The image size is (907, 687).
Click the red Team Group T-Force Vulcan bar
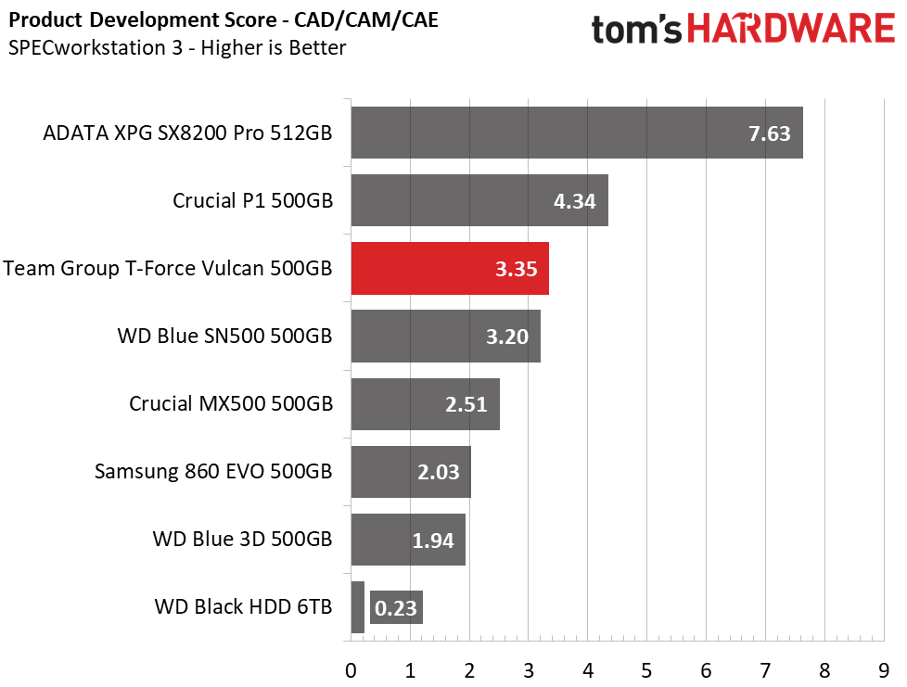click(450, 268)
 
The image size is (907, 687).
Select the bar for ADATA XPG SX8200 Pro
click(577, 133)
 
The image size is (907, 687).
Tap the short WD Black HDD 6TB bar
click(357, 606)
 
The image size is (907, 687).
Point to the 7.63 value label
click(770, 134)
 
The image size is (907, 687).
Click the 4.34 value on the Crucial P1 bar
click(574, 201)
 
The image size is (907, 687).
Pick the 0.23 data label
click(396, 608)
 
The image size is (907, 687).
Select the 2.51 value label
click(466, 404)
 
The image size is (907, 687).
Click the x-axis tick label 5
click(646, 671)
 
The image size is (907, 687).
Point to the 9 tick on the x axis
click(883, 671)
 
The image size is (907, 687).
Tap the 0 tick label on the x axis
click(351, 671)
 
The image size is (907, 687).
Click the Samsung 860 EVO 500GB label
click(213, 471)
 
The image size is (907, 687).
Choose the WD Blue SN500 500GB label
click(225, 336)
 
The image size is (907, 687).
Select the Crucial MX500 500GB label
click(231, 403)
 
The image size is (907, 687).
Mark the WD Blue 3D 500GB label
click(242, 539)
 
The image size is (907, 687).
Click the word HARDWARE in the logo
click(791, 29)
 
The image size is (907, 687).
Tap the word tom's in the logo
click(636, 30)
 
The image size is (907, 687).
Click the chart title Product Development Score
click(142, 19)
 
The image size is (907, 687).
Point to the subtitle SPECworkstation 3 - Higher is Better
click(177, 47)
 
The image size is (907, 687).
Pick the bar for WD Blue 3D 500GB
click(408, 540)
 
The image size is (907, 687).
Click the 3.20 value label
click(506, 337)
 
